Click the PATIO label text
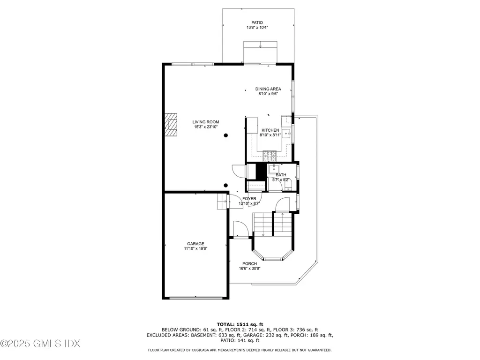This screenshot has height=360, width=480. pyautogui.click(x=257, y=22)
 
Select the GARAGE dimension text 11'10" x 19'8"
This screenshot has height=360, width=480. pyautogui.click(x=195, y=248)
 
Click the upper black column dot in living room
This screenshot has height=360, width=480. pyautogui.click(x=225, y=135)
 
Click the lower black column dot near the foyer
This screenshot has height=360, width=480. pyautogui.click(x=225, y=185)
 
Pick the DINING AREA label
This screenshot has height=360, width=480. pyautogui.click(x=268, y=89)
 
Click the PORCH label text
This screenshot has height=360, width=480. pyautogui.click(x=249, y=263)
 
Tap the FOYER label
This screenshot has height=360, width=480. pyautogui.click(x=249, y=199)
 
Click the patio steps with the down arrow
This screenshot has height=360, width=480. pyautogui.click(x=260, y=48)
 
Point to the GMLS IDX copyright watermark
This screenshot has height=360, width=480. pyautogui.click(x=40, y=344)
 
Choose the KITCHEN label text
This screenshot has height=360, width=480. pyautogui.click(x=270, y=130)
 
